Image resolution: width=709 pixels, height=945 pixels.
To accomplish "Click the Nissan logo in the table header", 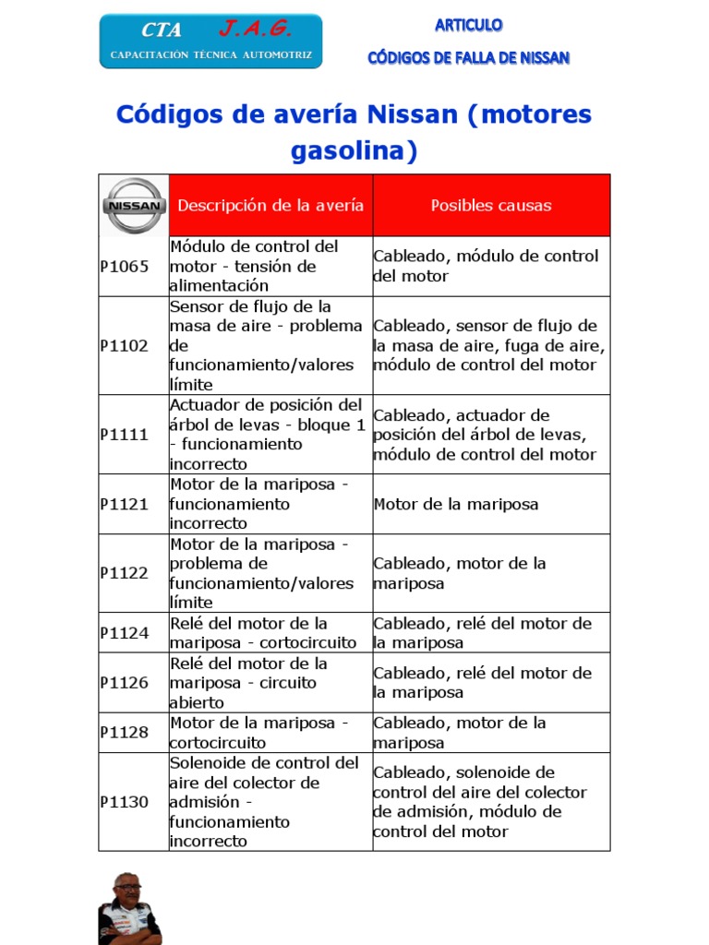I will pyautogui.click(x=134, y=205).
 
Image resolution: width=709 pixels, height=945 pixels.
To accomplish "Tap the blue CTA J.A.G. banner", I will pyautogui.click(x=210, y=42).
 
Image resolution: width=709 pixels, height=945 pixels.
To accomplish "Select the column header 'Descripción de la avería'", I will pyautogui.click(x=270, y=205).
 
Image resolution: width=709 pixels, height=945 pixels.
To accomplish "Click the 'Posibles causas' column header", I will pyautogui.click(x=491, y=205).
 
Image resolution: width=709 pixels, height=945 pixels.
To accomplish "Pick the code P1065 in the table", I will pyautogui.click(x=124, y=267).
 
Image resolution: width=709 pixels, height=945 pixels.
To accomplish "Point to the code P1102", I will pyautogui.click(x=124, y=345).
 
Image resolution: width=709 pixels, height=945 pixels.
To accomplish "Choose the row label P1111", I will pyautogui.click(x=124, y=435).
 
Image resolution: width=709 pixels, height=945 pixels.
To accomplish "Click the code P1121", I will pyautogui.click(x=124, y=504).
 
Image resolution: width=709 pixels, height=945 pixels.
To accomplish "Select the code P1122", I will pyautogui.click(x=124, y=573).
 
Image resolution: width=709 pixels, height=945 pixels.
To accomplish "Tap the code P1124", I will pyautogui.click(x=124, y=633).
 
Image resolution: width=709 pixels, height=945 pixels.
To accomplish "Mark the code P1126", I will pyautogui.click(x=124, y=683).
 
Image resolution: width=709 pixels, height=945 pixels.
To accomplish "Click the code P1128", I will pyautogui.click(x=124, y=733).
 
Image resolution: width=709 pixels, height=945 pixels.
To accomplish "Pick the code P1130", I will pyautogui.click(x=124, y=802).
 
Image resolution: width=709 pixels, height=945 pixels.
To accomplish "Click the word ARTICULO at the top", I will pyautogui.click(x=469, y=25).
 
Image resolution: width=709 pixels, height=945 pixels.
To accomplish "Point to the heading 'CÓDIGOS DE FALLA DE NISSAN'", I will pyautogui.click(x=469, y=58).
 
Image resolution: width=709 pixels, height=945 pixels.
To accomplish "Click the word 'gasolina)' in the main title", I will pyautogui.click(x=354, y=150).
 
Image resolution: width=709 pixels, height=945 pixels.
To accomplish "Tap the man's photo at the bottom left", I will pyautogui.click(x=128, y=908).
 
